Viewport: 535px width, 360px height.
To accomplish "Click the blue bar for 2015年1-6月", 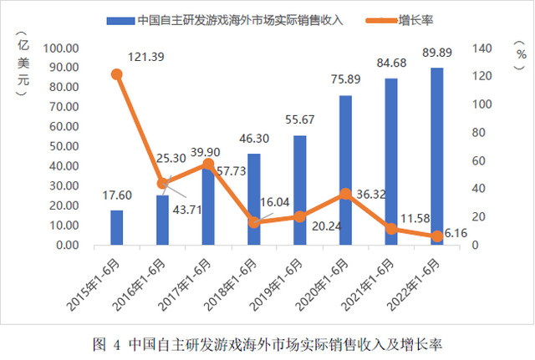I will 117,227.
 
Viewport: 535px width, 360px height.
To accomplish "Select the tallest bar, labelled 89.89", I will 436,156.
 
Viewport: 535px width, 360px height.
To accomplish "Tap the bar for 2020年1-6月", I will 345,170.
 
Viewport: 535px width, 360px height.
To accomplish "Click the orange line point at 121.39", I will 117,74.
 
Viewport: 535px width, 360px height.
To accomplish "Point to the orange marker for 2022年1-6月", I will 436,236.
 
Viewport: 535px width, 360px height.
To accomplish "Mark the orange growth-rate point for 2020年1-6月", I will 345,194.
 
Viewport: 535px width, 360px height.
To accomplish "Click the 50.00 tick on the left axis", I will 63,146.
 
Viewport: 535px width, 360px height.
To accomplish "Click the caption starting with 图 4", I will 267,343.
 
